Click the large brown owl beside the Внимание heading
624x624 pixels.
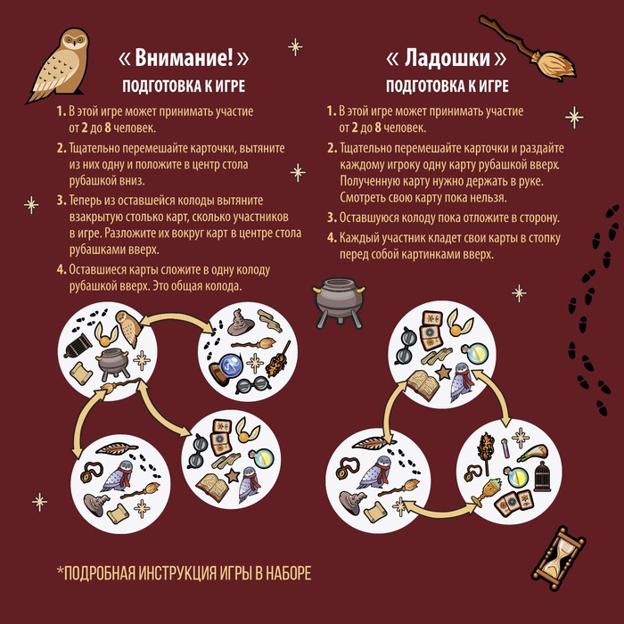tap(60, 66)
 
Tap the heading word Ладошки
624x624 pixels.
tap(447, 58)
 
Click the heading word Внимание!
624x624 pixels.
tap(184, 58)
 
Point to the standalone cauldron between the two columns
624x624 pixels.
tap(339, 302)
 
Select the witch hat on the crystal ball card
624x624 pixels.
tap(241, 322)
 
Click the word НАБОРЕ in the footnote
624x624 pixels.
tap(288, 573)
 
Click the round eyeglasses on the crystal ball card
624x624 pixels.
tap(252, 385)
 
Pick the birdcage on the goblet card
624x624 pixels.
tap(542, 476)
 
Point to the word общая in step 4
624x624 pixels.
tap(185, 286)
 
